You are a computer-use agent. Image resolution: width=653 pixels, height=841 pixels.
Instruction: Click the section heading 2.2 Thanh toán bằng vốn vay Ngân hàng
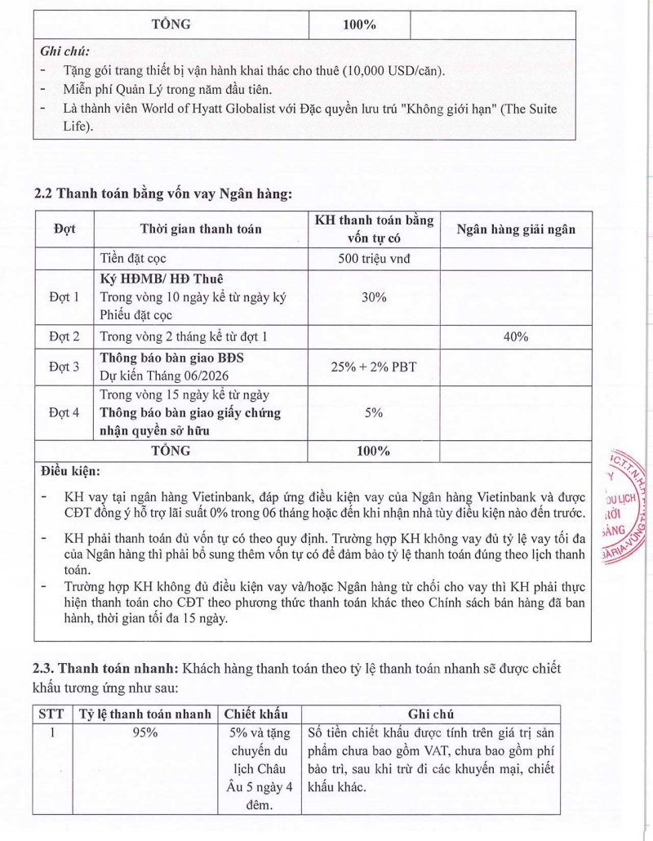pos(162,194)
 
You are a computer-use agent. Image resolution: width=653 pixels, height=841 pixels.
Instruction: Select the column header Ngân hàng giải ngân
pos(515,229)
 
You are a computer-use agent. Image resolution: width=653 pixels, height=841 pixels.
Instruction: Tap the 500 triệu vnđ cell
pos(374,260)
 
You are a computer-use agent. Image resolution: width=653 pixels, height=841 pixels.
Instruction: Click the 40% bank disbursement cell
pos(515,336)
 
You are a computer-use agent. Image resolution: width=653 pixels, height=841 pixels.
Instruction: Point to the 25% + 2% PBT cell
pos(374,367)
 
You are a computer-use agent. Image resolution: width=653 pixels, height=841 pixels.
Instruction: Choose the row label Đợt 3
pos(64,367)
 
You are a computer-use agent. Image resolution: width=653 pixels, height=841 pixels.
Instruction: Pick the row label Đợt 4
pos(64,412)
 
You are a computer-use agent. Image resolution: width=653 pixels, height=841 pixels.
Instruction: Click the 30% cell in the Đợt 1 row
pos(374,297)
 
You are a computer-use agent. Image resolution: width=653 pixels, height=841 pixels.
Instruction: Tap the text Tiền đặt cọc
pos(133,260)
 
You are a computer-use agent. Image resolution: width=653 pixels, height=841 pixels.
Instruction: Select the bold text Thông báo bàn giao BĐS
pos(172,358)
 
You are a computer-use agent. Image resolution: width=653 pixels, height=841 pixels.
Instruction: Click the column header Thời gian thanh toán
pos(201,229)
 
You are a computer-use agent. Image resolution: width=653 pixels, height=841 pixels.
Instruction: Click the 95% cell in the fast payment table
pos(145,732)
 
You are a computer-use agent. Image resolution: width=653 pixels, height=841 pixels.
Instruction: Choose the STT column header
pos(51,714)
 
